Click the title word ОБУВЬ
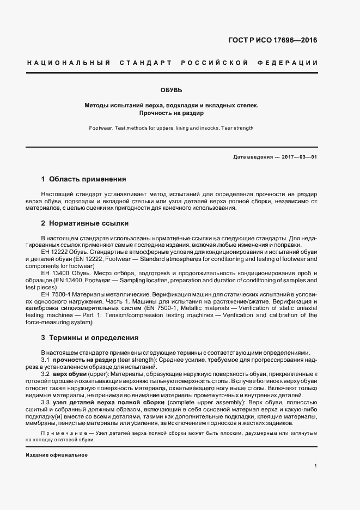171,89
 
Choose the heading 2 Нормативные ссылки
85,223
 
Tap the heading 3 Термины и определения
89,338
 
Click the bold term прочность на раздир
84,361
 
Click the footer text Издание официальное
57,455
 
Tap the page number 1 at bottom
315,466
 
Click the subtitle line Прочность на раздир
171,114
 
